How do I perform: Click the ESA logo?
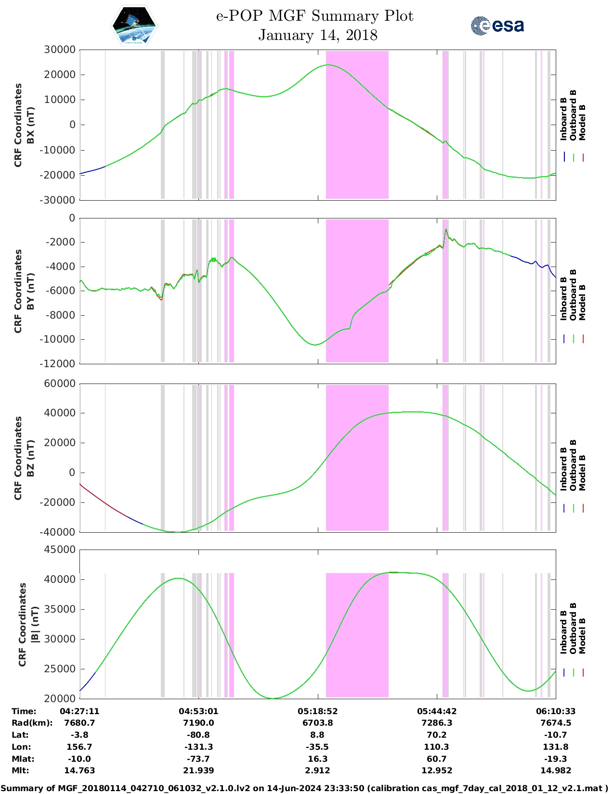pos(497,26)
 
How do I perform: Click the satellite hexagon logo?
pos(134,26)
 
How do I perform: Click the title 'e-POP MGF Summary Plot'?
pos(314,16)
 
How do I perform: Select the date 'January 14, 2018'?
pos(318,35)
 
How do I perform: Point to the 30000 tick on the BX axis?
pos(60,50)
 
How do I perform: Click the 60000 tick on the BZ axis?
pos(60,384)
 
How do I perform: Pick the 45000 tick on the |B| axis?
pos(60,550)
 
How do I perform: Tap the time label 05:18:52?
pos(317,711)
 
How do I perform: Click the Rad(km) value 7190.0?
pos(198,723)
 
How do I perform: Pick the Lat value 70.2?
pos(436,735)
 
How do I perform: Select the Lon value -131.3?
pos(198,747)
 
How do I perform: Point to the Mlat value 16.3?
pos(317,759)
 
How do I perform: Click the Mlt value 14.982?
pos(555,770)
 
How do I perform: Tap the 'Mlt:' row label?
pos(20,770)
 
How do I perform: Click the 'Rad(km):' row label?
pos(32,723)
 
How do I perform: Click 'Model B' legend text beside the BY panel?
pos(582,302)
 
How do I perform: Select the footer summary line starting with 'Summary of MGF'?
pos(307,788)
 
